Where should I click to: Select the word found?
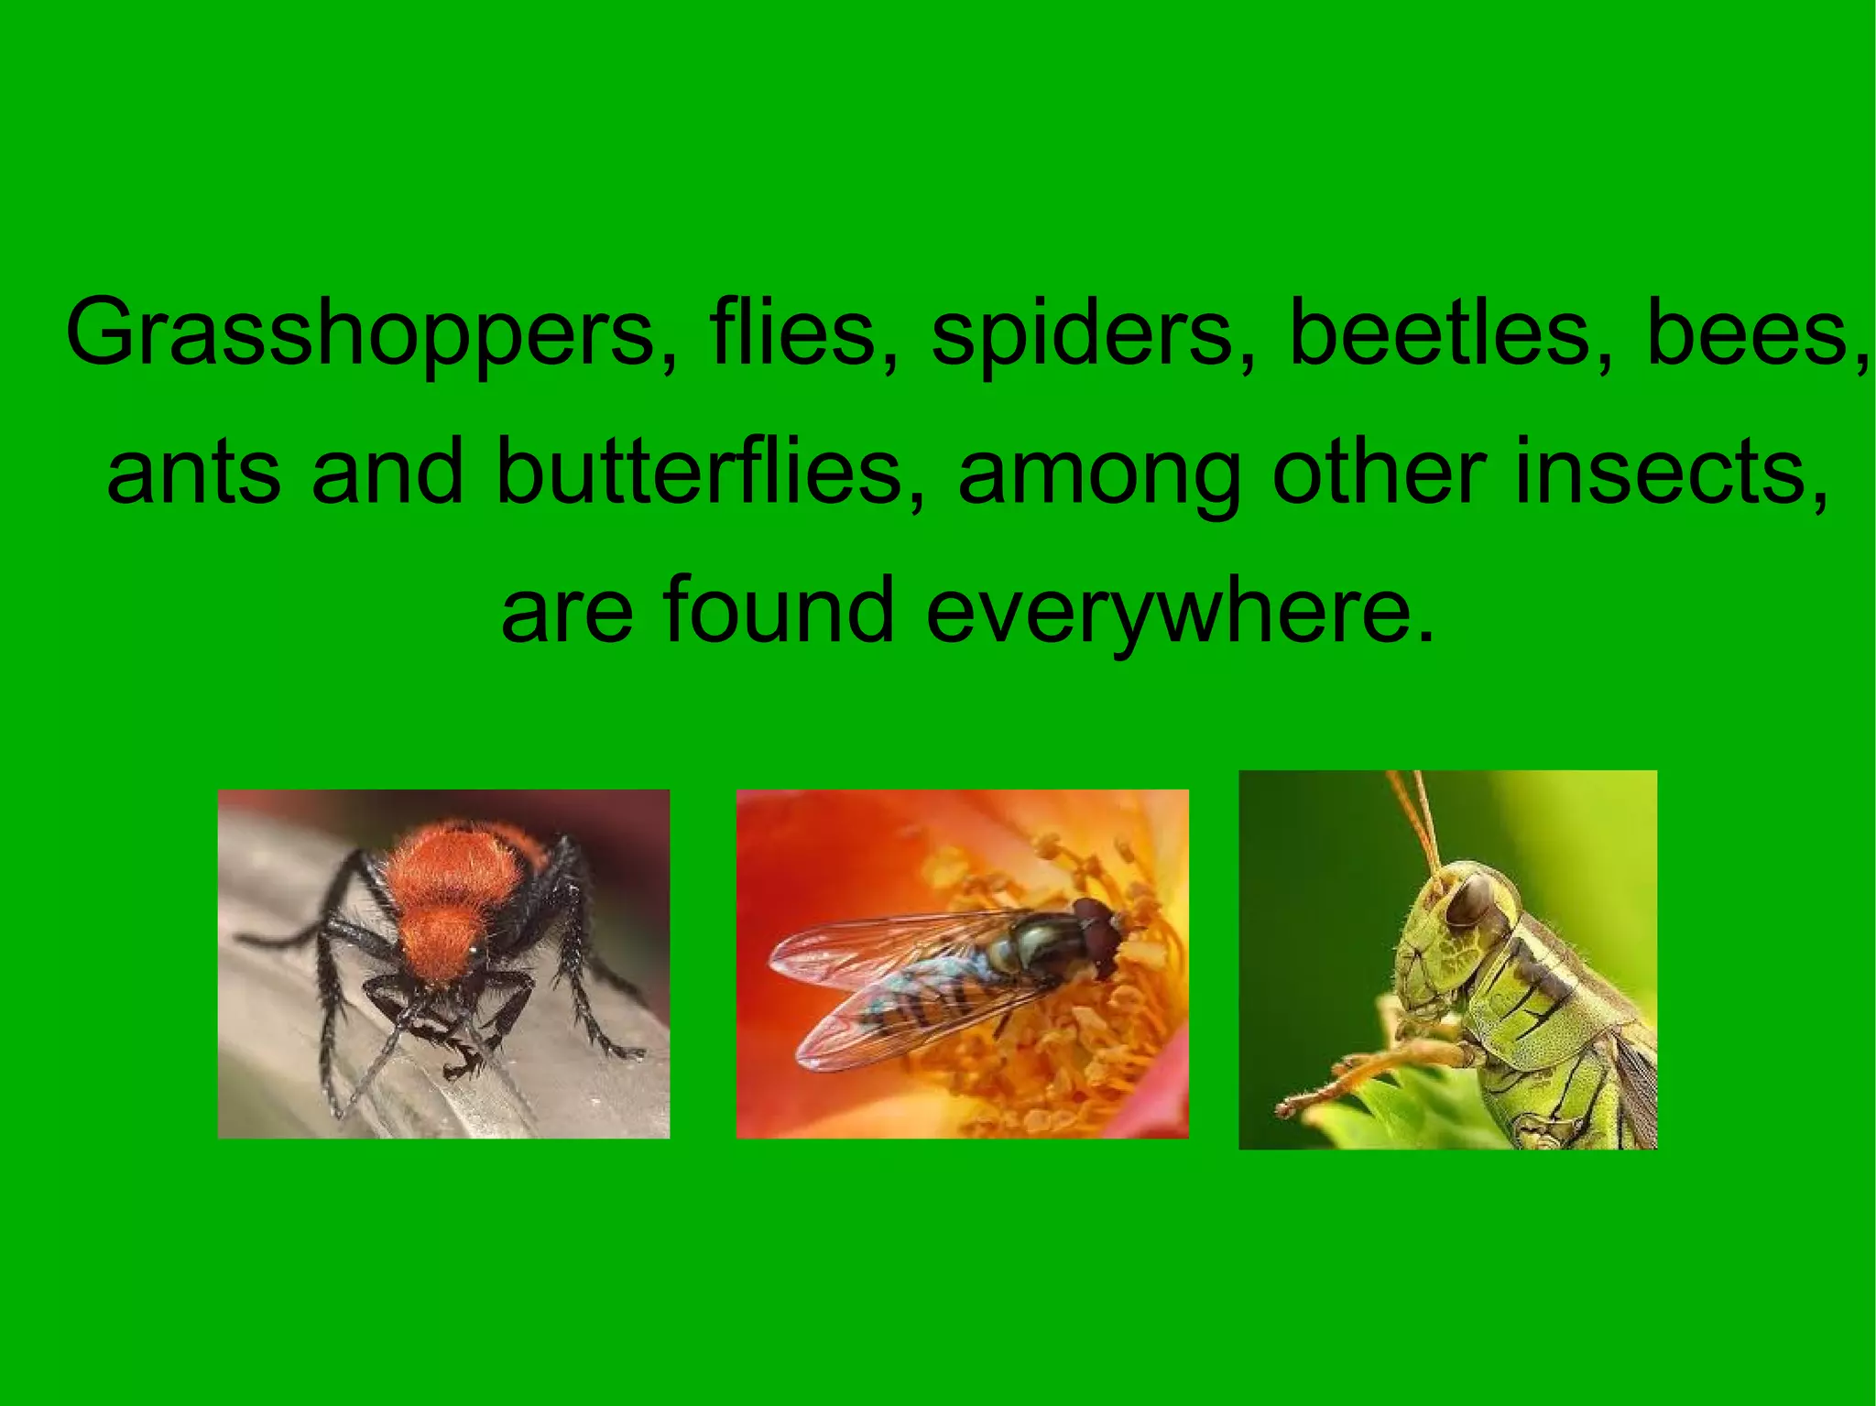coord(778,608)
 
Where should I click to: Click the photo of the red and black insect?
coord(443,964)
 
